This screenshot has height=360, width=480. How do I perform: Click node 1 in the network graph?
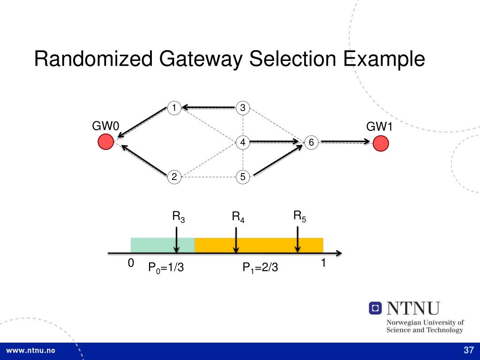pos(174,108)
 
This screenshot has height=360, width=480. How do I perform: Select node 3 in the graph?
pos(243,108)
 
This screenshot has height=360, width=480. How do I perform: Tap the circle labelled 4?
pos(243,142)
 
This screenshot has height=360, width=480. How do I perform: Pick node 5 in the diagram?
pos(243,177)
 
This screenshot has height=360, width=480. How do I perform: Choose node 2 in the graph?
pos(174,177)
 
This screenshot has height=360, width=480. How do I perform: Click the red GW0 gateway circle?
pos(105,142)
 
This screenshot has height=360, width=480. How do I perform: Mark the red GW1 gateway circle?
pos(381,142)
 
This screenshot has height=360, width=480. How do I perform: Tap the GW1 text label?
pos(380,127)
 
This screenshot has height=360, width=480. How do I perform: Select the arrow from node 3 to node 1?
pos(209,107)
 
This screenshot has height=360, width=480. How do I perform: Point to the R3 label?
pos(179,217)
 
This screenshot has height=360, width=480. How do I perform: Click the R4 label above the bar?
pos(238,217)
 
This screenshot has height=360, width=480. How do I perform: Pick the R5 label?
pos(300,216)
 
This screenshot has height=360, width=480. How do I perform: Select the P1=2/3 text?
pos(260,268)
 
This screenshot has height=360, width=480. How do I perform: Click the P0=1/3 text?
pos(165,268)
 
